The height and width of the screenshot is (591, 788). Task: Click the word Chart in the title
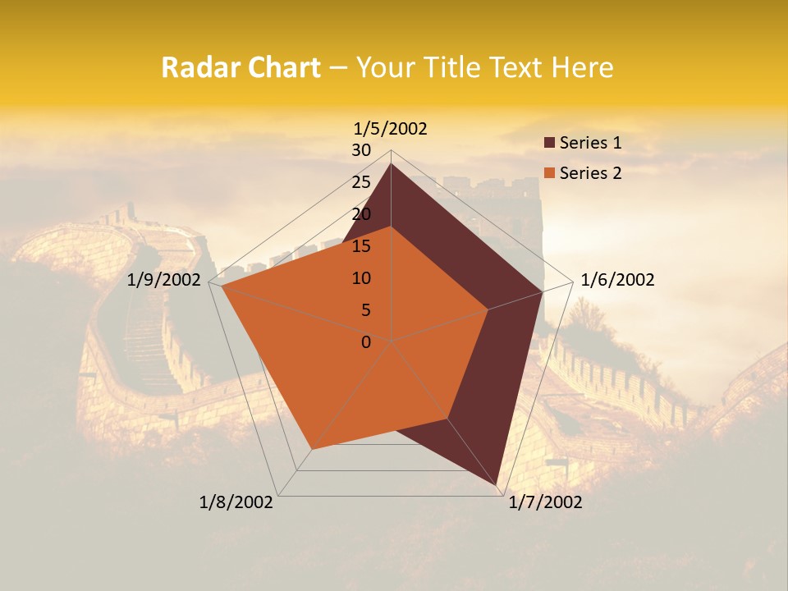click(283, 68)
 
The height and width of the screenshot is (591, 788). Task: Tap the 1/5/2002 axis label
click(391, 128)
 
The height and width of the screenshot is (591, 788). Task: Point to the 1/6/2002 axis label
click(617, 280)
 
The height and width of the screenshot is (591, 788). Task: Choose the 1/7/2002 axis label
click(545, 502)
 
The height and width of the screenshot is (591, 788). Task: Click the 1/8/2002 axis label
click(236, 502)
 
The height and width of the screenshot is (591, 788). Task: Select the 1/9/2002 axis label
click(164, 280)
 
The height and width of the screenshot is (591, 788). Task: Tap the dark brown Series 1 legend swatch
click(549, 144)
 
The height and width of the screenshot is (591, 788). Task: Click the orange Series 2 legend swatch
click(549, 173)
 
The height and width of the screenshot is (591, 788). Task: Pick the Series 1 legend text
click(590, 144)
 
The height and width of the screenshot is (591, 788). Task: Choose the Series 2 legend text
click(590, 173)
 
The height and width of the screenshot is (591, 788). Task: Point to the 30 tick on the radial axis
click(361, 150)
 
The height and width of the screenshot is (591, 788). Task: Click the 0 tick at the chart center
click(366, 341)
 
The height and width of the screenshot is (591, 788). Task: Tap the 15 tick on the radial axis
click(361, 246)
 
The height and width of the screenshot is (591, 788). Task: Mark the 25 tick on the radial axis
click(361, 182)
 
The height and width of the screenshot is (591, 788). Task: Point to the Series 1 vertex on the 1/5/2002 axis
click(391, 163)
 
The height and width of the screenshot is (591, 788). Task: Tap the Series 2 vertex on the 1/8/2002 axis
click(311, 449)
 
